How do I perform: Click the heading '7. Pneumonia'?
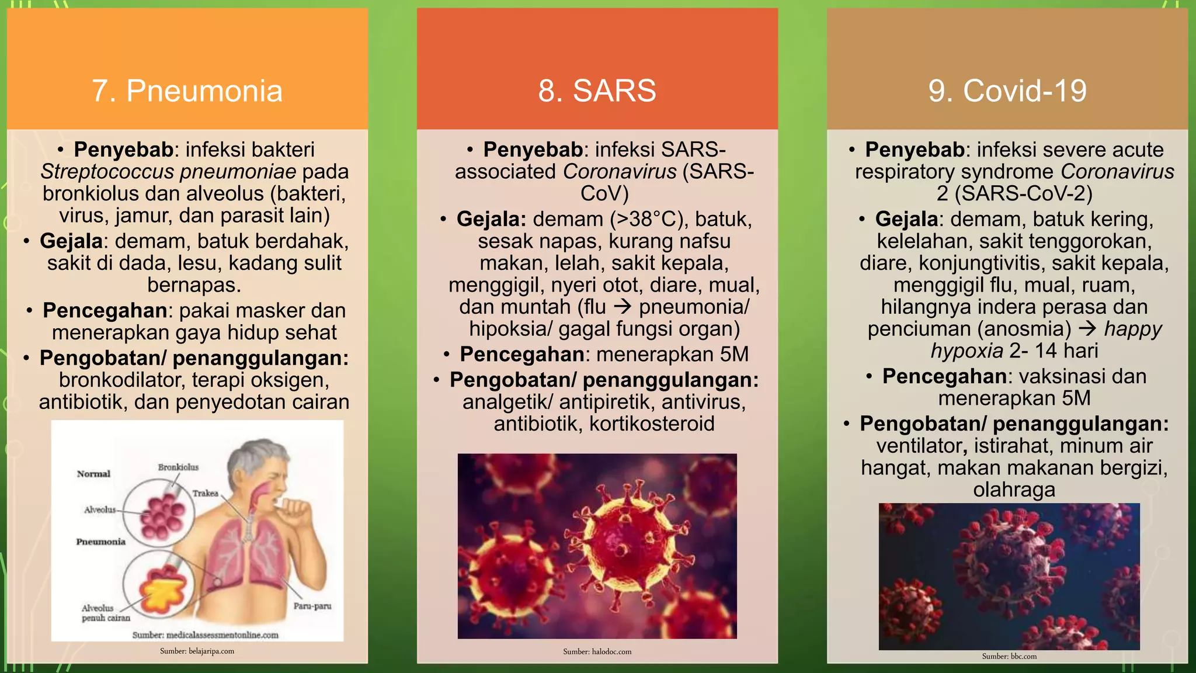(187, 91)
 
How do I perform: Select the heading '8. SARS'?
(597, 91)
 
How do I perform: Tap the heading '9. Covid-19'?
(1007, 91)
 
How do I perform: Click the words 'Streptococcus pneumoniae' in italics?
(168, 172)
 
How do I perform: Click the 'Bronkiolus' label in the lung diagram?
(178, 467)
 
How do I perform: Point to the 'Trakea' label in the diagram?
(205, 494)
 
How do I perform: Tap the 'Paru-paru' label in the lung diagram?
(312, 606)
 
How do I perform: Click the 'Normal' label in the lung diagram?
(93, 474)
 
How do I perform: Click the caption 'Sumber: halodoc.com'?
(597, 651)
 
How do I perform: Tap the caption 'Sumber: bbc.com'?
(1009, 656)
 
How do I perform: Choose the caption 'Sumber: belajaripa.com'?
(197, 651)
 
